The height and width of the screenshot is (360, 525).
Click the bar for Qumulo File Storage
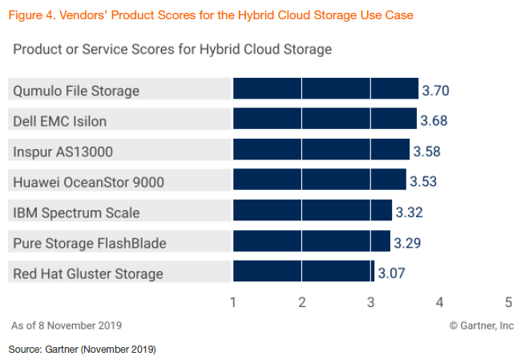point(325,88)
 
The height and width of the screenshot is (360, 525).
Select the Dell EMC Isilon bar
point(325,118)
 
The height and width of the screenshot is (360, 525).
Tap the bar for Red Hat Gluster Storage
point(304,271)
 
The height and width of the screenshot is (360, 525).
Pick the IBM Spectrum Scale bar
point(313,210)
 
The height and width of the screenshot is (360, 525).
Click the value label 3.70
point(435,91)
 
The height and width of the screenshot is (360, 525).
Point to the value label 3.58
point(427,152)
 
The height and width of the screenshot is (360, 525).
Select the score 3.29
point(407,243)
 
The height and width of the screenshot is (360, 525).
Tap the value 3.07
point(392,273)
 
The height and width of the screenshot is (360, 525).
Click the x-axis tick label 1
point(233,302)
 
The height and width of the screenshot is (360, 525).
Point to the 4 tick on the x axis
point(439,302)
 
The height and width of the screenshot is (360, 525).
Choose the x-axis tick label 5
point(509,302)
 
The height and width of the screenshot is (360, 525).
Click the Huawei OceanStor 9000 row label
point(88,182)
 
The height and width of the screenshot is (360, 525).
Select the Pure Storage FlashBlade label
point(90,243)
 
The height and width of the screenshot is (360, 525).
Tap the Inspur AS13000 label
point(63,152)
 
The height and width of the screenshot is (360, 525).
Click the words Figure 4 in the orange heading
point(31,15)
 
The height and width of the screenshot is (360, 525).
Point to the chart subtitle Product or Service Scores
point(94,49)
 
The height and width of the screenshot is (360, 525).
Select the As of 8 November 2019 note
point(67,326)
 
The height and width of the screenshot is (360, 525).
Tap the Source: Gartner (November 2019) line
point(83,350)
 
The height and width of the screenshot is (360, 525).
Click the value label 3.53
point(423,181)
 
